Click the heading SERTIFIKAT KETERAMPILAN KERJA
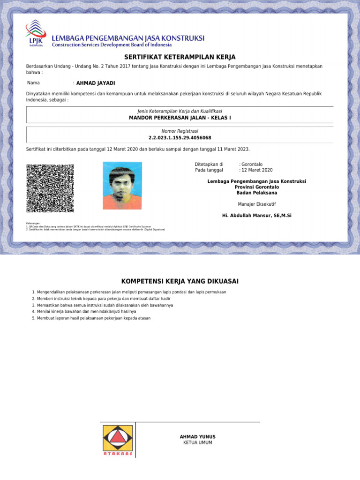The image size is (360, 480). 180,57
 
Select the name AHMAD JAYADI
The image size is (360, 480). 96,83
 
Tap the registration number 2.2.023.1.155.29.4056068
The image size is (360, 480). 180,138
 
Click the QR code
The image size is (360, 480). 50,188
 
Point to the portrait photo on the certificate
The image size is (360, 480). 122,186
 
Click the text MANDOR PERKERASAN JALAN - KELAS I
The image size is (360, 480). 180,118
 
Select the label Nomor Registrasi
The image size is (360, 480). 180,131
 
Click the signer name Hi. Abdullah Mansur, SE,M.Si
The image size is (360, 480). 257,216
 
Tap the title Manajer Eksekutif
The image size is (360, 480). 257,204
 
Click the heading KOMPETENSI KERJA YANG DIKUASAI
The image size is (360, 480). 180,281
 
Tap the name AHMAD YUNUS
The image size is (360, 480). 198,437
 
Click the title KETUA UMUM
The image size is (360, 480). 198,442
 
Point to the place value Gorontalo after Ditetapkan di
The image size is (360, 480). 252,165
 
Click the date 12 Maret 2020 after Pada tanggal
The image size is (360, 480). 257,170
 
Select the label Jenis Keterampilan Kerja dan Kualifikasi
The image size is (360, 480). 180,111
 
